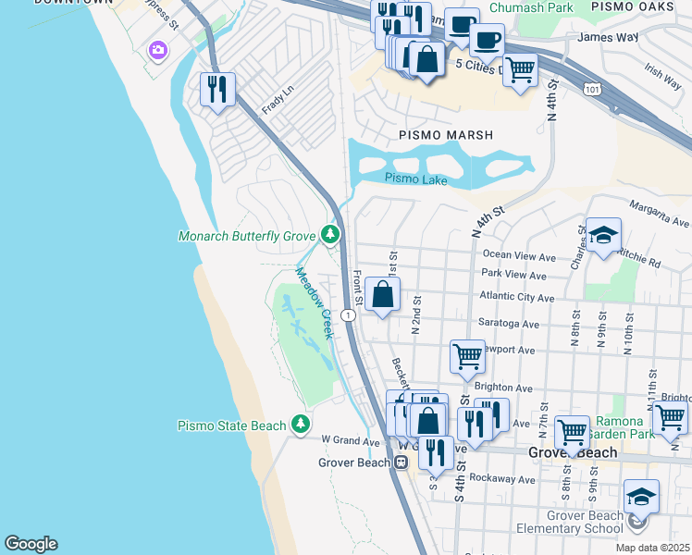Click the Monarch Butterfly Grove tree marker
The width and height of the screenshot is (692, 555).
point(329,235)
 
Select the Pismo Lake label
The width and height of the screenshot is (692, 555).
point(415,178)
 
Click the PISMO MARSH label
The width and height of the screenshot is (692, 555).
point(439,135)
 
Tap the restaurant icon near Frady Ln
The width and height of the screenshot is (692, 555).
point(217,90)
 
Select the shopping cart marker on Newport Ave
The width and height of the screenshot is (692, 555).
point(468,355)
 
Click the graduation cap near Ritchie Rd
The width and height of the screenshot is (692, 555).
point(603,236)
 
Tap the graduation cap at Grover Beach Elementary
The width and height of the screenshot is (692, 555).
point(641,498)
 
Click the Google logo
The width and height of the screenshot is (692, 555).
point(31,544)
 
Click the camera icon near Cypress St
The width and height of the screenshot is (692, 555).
point(158,50)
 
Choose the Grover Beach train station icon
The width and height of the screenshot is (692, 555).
point(401,462)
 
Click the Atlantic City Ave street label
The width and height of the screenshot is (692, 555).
point(516,298)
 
